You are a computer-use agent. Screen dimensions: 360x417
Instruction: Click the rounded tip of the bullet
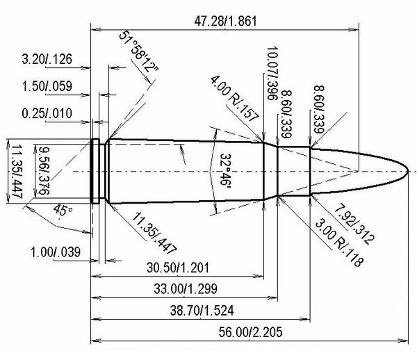point(408,170)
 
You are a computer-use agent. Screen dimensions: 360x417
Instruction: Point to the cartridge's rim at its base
point(94,170)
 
